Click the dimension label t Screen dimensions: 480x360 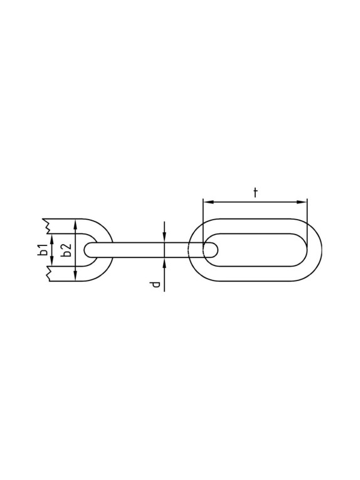[255, 193]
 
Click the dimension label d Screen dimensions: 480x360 [156, 285]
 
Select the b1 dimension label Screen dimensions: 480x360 [43, 250]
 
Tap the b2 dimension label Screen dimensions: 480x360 [64, 250]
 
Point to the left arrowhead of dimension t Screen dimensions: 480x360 [208, 202]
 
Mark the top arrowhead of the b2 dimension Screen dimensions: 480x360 [75, 224]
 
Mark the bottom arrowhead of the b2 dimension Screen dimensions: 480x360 [75, 277]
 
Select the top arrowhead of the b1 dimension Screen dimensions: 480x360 [53, 238]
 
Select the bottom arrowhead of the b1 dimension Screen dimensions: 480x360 [53, 262]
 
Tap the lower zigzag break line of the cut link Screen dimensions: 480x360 [45, 272]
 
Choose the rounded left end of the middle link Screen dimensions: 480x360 [87, 250]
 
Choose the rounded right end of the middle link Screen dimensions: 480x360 [217, 250]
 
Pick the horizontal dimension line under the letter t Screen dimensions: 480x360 [255, 202]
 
